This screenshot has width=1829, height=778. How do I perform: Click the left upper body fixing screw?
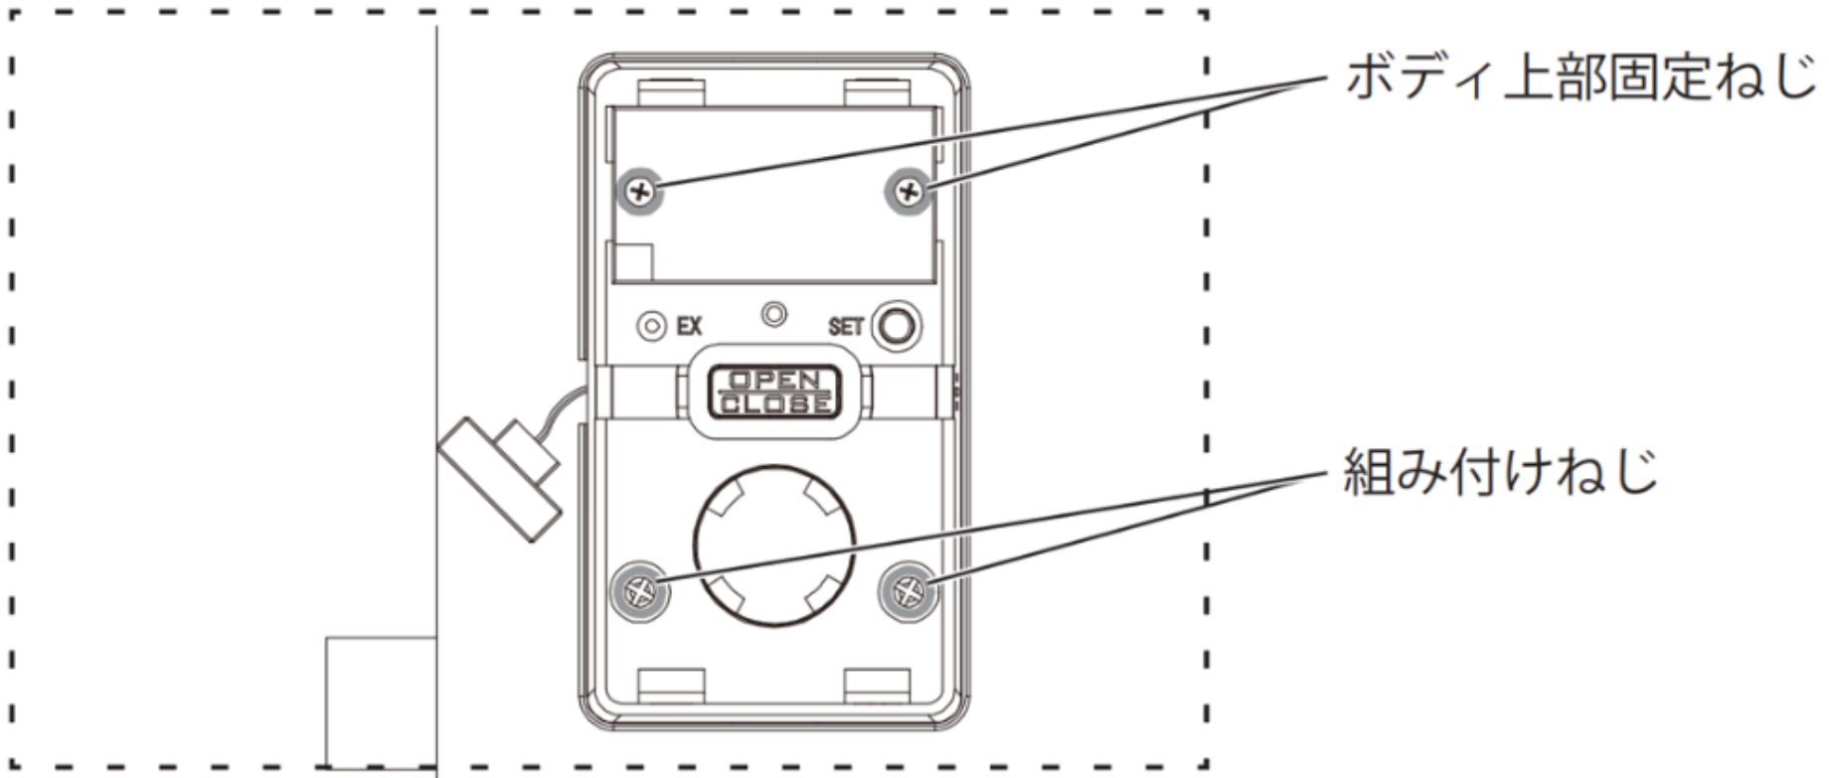(x=642, y=191)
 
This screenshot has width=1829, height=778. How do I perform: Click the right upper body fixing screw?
(x=909, y=191)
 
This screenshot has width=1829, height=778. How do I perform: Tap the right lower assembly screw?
(x=908, y=592)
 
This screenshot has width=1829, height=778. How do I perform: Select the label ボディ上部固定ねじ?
(x=1580, y=78)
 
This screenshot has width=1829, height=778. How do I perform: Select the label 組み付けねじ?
(x=1501, y=471)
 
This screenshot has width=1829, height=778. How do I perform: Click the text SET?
(x=846, y=327)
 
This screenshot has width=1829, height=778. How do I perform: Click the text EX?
(x=689, y=326)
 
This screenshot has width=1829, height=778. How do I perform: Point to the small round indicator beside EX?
(x=651, y=326)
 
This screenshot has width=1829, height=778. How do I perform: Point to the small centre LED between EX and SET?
(x=773, y=315)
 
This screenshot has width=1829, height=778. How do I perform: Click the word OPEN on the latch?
(x=774, y=380)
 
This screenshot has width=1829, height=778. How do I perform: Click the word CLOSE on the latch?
(x=774, y=402)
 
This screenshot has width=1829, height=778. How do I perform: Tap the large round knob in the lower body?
(x=774, y=545)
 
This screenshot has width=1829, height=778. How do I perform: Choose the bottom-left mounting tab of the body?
(x=672, y=686)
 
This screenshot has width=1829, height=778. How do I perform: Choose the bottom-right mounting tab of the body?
(x=877, y=686)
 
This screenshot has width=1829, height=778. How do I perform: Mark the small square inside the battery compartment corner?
(x=634, y=261)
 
